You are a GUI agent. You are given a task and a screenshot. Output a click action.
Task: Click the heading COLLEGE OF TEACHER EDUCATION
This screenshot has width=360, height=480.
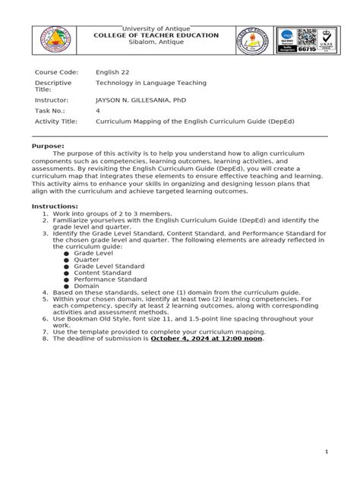click(x=155, y=36)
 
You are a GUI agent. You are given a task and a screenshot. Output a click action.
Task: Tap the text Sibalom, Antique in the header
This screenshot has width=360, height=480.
click(x=155, y=43)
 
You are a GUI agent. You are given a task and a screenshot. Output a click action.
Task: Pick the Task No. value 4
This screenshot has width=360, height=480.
click(x=97, y=110)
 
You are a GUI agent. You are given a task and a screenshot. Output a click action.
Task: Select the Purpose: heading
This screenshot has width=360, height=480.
click(x=47, y=145)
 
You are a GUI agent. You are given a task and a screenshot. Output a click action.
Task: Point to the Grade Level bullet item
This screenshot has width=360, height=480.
click(x=93, y=252)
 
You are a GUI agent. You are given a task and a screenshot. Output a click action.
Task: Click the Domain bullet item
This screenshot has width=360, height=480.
click(x=87, y=286)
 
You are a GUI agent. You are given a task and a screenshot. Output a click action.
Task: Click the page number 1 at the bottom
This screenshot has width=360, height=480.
click(x=326, y=452)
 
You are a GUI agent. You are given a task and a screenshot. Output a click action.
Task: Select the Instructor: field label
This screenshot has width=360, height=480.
click(x=52, y=99)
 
